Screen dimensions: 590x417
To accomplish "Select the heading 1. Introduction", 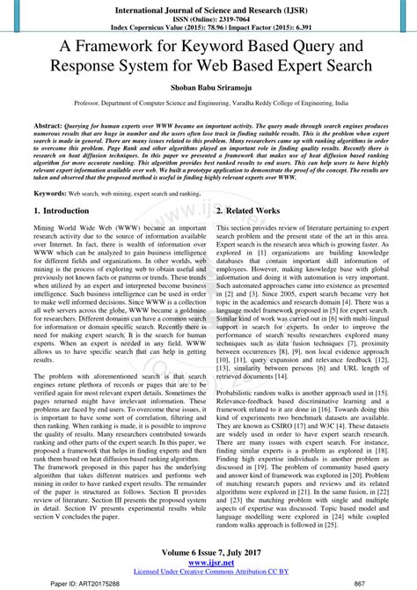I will tap(61, 212).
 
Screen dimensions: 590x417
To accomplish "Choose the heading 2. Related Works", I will tap(248, 212).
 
